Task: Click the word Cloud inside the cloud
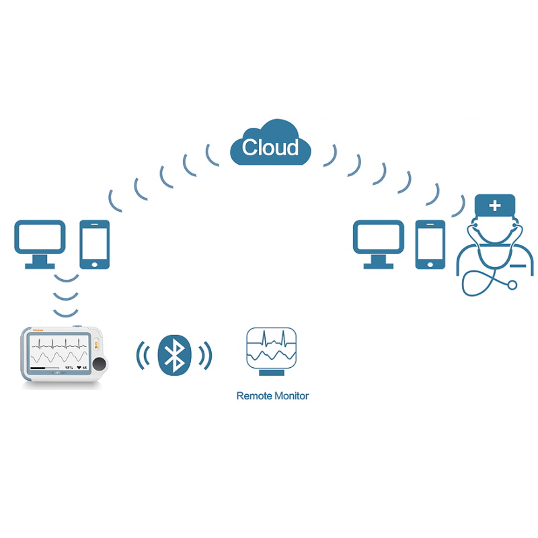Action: pyautogui.click(x=270, y=147)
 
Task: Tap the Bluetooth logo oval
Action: pyautogui.click(x=174, y=354)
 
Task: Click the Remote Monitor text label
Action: pyautogui.click(x=272, y=395)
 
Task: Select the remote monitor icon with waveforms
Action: pyautogui.click(x=272, y=347)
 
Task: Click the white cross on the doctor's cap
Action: pyautogui.click(x=495, y=205)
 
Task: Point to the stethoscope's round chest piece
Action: pyautogui.click(x=512, y=284)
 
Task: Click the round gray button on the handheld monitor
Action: pyautogui.click(x=100, y=364)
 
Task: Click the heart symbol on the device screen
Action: pyautogui.click(x=79, y=368)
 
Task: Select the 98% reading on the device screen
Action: pyautogui.click(x=69, y=368)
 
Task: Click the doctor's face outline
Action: pyautogui.click(x=495, y=232)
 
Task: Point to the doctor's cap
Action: pyautogui.click(x=495, y=205)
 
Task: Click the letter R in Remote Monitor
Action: pyautogui.click(x=240, y=395)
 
